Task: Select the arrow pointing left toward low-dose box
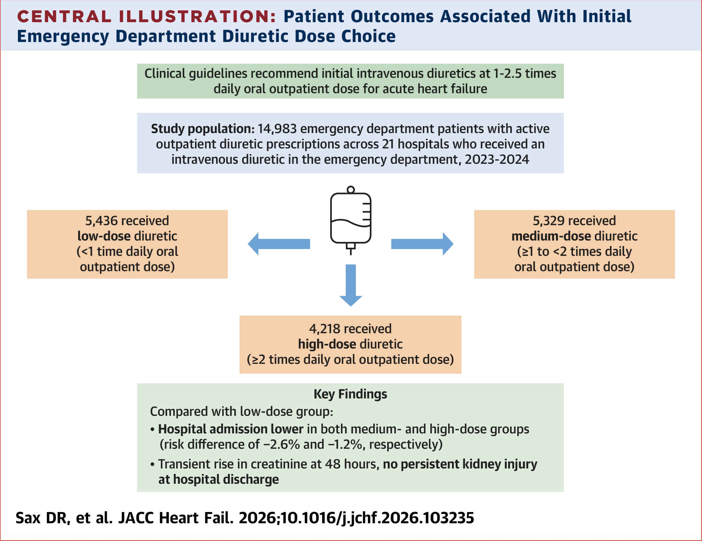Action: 279,244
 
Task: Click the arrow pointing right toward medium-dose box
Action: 422,244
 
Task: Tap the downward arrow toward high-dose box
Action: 351,285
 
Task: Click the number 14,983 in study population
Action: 277,129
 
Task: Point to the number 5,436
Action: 101,221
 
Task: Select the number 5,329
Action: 549,221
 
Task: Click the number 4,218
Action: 325,329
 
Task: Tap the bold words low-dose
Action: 104,236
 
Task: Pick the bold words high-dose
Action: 327,344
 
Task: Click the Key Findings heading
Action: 350,394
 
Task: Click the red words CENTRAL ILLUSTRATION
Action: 146,17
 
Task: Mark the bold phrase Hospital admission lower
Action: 231,429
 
